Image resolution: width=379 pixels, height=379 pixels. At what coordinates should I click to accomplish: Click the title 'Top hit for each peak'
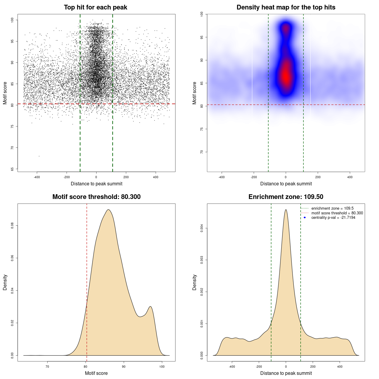click(x=95, y=7)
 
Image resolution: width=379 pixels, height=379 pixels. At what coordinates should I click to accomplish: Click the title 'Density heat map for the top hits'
click(x=286, y=7)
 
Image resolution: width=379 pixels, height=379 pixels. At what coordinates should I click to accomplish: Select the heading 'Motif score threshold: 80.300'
click(x=96, y=197)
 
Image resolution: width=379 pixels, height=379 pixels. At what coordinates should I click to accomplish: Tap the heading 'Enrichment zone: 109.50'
click(x=286, y=197)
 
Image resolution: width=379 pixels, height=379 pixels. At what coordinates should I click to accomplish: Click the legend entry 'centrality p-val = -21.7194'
click(x=333, y=218)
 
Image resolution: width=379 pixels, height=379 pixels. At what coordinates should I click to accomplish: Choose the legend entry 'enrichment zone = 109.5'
click(x=332, y=208)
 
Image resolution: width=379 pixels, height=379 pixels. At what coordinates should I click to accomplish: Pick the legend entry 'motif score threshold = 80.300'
click(x=337, y=213)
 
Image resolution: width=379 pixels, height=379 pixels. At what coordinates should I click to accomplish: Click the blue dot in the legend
click(x=305, y=218)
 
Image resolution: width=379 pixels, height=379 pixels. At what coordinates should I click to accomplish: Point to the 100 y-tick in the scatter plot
click(x=12, y=20)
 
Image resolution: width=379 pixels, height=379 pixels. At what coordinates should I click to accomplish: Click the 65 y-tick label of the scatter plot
click(x=12, y=169)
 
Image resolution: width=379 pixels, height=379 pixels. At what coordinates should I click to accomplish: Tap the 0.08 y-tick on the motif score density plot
click(x=12, y=226)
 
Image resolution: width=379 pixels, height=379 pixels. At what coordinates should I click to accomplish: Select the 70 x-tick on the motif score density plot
click(x=47, y=367)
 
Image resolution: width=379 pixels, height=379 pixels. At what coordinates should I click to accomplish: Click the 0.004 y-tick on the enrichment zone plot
click(x=202, y=228)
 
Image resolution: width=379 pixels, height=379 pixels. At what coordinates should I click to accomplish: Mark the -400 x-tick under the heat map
click(x=221, y=177)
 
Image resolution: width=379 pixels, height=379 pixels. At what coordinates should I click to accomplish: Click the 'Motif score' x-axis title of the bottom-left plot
click(x=96, y=373)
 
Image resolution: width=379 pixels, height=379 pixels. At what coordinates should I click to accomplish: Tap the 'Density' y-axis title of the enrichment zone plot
click(x=195, y=282)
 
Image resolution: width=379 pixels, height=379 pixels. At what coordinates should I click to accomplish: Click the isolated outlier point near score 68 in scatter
click(x=39, y=156)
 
